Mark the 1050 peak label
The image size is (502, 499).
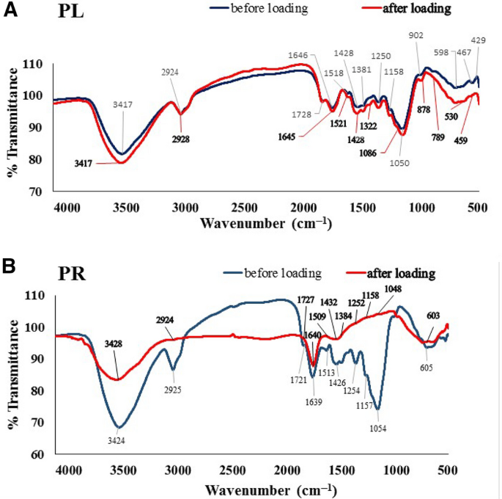tap(402, 163)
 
